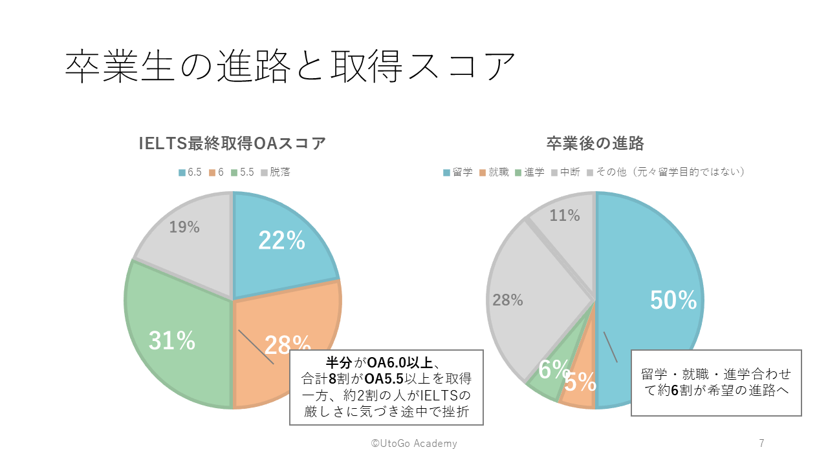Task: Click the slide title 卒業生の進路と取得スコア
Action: [x=290, y=67]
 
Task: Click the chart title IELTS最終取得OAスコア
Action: [x=232, y=143]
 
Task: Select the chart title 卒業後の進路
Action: [x=594, y=143]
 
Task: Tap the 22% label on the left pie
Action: [x=281, y=241]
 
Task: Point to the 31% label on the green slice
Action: [x=172, y=341]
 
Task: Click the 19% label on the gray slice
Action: [x=184, y=227]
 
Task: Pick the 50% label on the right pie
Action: [x=673, y=300]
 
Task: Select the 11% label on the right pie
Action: [x=565, y=216]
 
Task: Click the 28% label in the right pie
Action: [x=508, y=300]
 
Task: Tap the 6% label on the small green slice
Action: [x=554, y=370]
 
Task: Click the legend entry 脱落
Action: [x=276, y=172]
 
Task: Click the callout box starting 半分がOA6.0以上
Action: [x=386, y=387]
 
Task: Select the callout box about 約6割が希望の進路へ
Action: [x=716, y=382]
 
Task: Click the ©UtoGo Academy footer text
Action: [x=414, y=443]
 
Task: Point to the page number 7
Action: [x=761, y=443]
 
